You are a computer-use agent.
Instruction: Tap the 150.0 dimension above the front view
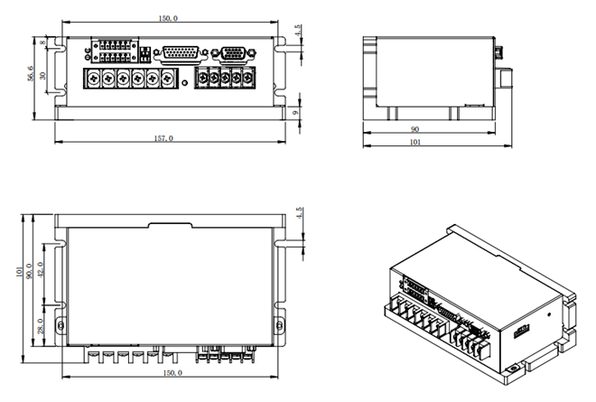(168, 18)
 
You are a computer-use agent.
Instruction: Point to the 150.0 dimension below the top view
(170, 372)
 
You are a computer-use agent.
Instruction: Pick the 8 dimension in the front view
(44, 42)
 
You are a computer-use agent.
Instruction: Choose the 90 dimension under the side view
(415, 129)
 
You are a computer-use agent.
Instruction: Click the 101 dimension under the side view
(415, 143)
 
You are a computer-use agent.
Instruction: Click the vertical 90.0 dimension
(30, 271)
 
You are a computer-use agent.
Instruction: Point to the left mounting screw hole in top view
(61, 324)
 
